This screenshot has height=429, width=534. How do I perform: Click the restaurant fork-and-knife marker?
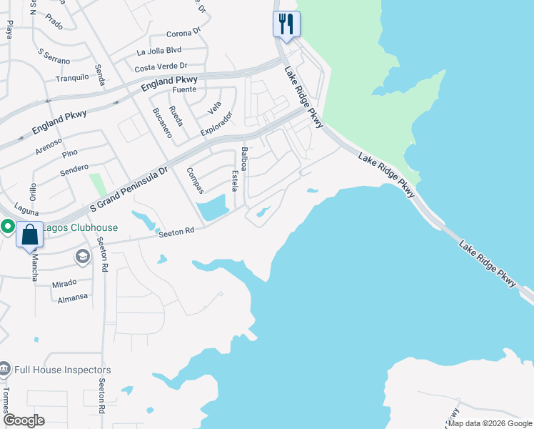(x=286, y=24)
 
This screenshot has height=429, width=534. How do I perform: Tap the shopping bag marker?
(x=29, y=235)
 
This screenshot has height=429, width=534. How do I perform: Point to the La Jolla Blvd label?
(x=159, y=51)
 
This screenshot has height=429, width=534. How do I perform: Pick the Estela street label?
(x=234, y=181)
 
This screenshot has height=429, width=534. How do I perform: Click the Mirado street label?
(x=64, y=283)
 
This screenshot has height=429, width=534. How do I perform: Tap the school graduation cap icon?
(x=82, y=256)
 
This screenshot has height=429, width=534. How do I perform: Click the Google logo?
(x=24, y=420)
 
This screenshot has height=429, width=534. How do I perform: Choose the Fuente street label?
(x=183, y=90)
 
